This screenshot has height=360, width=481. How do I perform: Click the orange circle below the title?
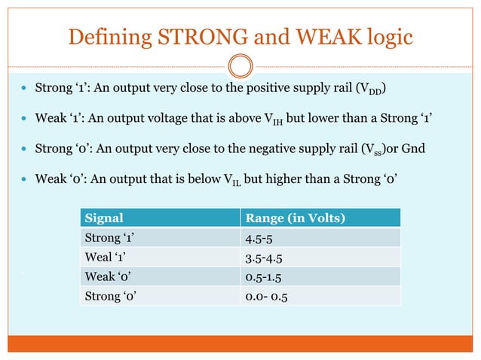pyautogui.click(x=240, y=66)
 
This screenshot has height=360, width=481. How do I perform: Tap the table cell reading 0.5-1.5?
pyautogui.click(x=265, y=277)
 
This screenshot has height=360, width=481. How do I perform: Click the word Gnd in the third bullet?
pyautogui.click(x=413, y=148)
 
